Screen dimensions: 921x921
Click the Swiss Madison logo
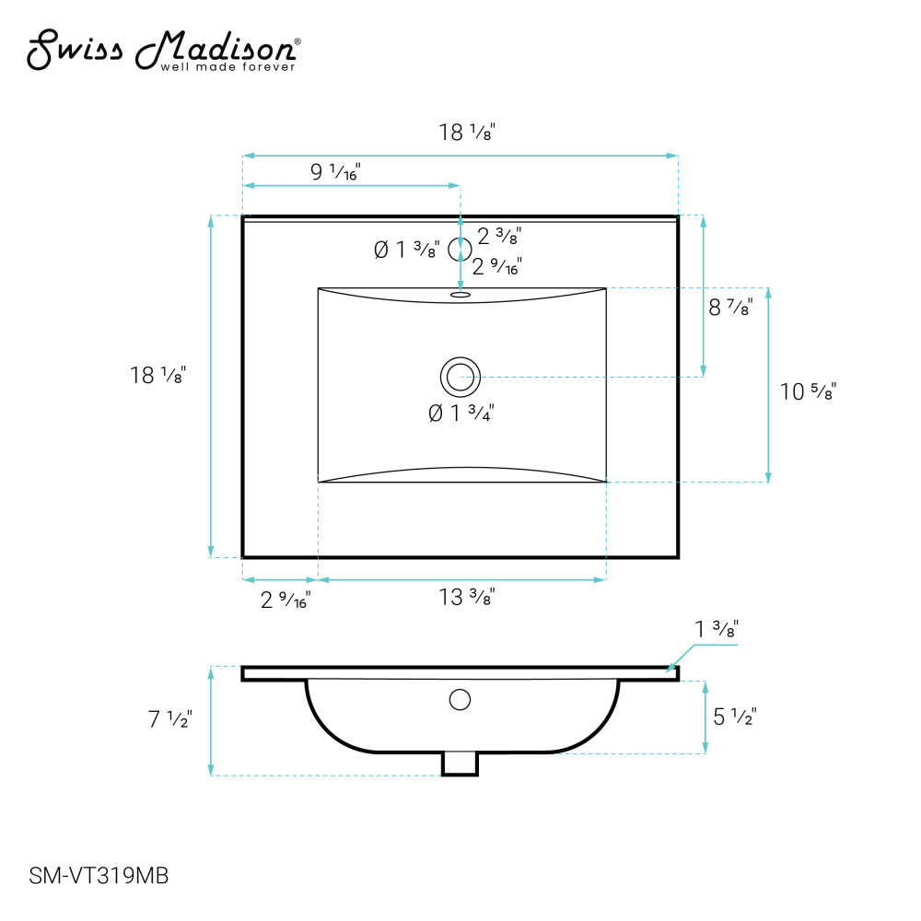[x=164, y=51]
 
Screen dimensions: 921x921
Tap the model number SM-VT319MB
[x=99, y=876]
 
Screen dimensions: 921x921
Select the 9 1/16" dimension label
[x=335, y=171]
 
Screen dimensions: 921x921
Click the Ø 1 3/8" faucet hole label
[x=406, y=250]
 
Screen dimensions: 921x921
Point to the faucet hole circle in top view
[x=460, y=249]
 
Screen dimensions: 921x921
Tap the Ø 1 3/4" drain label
[x=461, y=413]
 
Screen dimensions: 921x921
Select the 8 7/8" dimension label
[x=730, y=307]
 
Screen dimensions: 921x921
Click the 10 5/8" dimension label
[x=808, y=391]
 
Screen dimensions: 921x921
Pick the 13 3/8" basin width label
[x=467, y=597]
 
